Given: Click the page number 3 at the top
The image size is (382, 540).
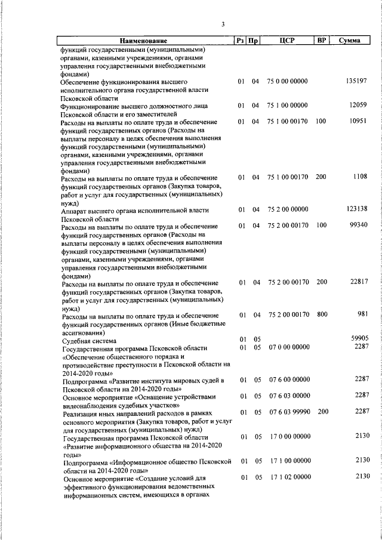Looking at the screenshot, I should point(223,24).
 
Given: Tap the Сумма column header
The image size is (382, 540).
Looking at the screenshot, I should point(349,41).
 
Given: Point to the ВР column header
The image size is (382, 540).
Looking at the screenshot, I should point(322,41).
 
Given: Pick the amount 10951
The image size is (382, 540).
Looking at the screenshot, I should point(358,122).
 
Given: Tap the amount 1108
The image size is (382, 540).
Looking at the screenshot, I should point(360,177).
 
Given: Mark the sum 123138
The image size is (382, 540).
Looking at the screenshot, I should point(356,209).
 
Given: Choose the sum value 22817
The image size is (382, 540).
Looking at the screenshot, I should point(358,282).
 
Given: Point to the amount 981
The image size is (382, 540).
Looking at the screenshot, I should point(362,314).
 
